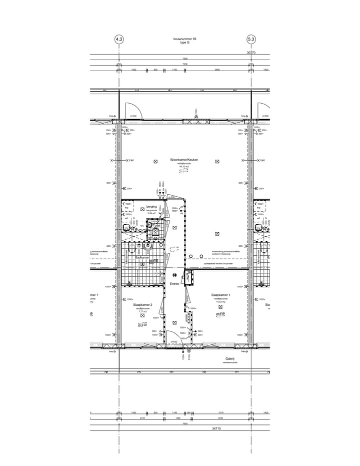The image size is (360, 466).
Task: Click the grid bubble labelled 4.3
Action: pos(119,39)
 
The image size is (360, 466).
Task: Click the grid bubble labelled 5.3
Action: pos(251,39)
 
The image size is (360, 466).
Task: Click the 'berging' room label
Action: pos(151,206)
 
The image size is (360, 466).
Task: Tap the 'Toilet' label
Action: pos(156,226)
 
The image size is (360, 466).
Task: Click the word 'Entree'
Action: pos(174,284)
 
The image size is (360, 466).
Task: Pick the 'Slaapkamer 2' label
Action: pos(142,304)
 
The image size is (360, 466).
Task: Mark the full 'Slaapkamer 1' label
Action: pos(220,295)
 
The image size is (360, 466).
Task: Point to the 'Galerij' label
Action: pos(230,359)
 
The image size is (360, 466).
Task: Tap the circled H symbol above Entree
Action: pos(174,275)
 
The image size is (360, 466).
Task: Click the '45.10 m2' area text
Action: pos(184,166)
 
